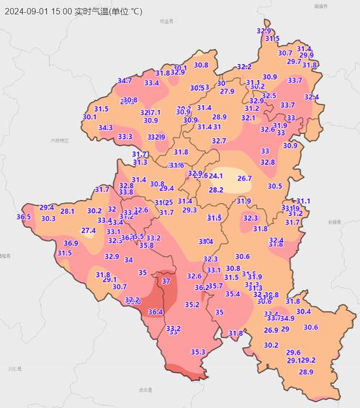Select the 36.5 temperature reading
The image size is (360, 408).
[x=24, y=217]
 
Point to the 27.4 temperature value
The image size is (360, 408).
[x=88, y=231]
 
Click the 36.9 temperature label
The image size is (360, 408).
[x=61, y=244]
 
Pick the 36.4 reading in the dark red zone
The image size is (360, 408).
[x=156, y=312]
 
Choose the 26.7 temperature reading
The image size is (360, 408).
[x=245, y=178]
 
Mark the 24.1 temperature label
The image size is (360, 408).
[x=216, y=176]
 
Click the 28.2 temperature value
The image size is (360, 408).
[x=216, y=190]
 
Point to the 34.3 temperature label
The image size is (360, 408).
[x=105, y=128]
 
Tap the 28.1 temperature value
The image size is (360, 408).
[x=67, y=212]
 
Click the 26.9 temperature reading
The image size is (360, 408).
[x=271, y=330]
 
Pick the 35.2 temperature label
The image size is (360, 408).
[x=192, y=305]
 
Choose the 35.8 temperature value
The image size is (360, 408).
[x=146, y=245]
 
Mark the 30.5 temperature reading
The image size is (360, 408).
[x=274, y=186]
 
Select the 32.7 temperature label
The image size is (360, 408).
[x=219, y=141]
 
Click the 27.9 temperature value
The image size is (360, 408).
[x=227, y=91]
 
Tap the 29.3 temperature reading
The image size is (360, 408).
[x=189, y=210]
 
